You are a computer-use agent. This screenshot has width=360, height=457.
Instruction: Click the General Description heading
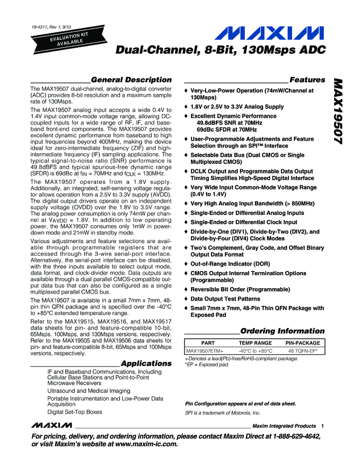click(x=130, y=80)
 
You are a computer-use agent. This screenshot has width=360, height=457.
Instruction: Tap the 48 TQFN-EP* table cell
click(x=303, y=351)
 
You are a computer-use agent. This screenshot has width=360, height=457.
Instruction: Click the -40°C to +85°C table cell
click(x=256, y=351)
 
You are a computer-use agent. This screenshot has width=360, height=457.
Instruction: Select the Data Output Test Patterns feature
click(x=225, y=299)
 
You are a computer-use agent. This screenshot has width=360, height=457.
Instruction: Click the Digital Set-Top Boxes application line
click(x=74, y=412)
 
